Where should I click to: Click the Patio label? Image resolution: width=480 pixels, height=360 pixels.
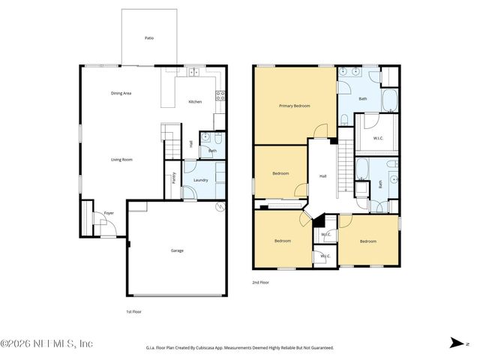coord(150,37)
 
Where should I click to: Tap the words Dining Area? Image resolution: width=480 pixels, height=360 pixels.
coord(121,93)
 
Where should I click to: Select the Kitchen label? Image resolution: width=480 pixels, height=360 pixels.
coord(195,101)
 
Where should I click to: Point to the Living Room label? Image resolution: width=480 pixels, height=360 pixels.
coord(122,159)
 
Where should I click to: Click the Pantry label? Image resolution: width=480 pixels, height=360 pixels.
coord(174,178)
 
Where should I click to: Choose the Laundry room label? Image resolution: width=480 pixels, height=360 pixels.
coord(200,180)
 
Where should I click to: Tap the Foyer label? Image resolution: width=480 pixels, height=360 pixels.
coord(109,212)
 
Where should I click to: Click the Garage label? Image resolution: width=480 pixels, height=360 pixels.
coord(177,250)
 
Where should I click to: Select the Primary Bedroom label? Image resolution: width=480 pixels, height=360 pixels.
coord(295,106)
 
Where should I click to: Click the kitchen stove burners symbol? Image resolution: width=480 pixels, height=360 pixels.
coord(220,95)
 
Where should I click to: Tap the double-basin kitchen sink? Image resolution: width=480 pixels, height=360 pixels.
coord(193,72)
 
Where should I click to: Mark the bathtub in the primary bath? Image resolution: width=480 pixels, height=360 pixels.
coord(389,100)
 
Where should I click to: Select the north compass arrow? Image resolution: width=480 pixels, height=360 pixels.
coord(455,343)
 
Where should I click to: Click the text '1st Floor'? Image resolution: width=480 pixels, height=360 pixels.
coord(133,310)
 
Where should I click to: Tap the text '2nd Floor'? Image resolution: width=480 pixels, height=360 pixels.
coord(261,283)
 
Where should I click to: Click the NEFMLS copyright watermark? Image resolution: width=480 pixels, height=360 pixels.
coord(46,343)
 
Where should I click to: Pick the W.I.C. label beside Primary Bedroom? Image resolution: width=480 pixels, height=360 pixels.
coord(379,138)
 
